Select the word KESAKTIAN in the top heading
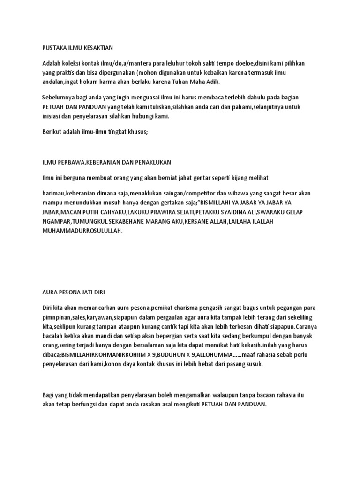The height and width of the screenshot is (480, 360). point(98,48)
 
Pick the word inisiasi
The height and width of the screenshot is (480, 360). point(52,117)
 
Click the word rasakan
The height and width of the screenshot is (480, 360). point(170,404)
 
